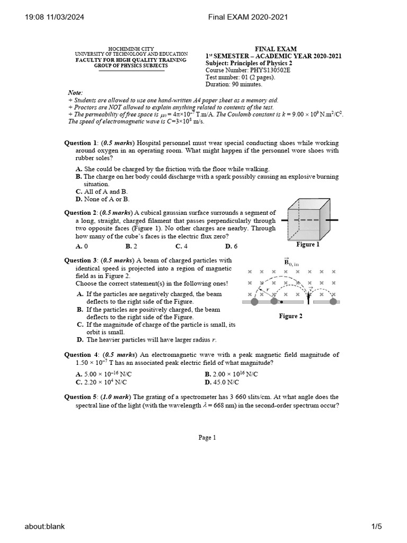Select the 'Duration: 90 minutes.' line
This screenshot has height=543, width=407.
pyautogui.click(x=234, y=84)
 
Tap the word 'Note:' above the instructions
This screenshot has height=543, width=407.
pyautogui.click(x=75, y=93)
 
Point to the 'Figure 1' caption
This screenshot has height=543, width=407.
pyautogui.click(x=308, y=244)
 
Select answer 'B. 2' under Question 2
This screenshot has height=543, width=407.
pyautogui.click(x=131, y=246)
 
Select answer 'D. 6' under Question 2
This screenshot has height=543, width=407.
pyautogui.click(x=231, y=246)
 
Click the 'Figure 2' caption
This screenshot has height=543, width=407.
pyautogui.click(x=291, y=316)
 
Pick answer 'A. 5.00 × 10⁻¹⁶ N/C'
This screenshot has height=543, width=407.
pyautogui.click(x=104, y=374)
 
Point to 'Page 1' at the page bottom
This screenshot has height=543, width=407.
pyautogui.click(x=207, y=437)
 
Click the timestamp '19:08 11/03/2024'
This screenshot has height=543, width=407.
pyautogui.click(x=55, y=17)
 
